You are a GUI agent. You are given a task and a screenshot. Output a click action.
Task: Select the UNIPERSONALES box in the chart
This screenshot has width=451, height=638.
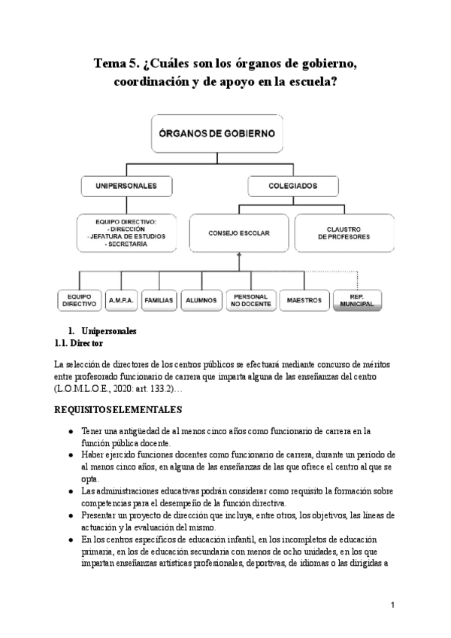pos(126,185)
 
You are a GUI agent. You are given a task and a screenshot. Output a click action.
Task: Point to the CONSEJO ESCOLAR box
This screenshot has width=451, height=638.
pos(238,233)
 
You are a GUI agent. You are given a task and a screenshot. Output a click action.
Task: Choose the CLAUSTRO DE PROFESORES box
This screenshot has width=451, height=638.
pos(344,233)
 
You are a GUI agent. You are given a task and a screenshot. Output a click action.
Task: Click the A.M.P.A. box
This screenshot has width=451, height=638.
pos(120,299)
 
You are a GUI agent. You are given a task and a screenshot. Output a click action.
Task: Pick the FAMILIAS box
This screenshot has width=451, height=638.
pos(159,299)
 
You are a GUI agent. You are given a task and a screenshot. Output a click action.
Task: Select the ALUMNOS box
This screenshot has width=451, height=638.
pos(201,299)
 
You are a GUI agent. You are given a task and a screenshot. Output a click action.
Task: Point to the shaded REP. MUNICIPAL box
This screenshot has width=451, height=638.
pos(357,300)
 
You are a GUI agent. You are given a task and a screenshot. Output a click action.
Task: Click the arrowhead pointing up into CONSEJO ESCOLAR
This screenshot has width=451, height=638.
pos(238,256)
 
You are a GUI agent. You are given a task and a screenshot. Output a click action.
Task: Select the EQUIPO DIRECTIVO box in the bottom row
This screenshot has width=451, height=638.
pos(79,299)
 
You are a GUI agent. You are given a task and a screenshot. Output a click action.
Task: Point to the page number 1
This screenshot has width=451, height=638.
pos(393,606)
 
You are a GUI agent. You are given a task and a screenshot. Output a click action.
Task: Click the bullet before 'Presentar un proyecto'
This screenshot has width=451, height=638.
pos(70,515)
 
